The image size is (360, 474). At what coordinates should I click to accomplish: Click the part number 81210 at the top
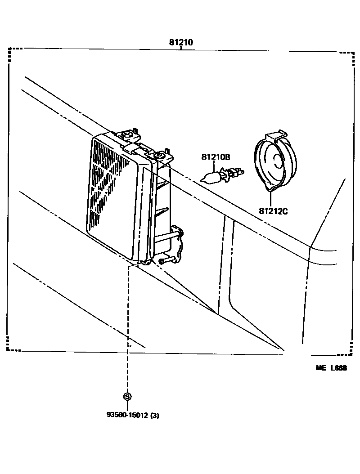[x=181, y=43]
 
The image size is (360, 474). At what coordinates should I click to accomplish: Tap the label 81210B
[x=216, y=157]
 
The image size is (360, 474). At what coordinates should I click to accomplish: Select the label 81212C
[x=273, y=210]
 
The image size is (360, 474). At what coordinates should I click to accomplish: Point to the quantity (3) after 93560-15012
[x=154, y=415]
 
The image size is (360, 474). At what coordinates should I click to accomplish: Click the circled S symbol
[x=127, y=396]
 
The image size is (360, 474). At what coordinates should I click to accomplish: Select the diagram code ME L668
[x=331, y=368]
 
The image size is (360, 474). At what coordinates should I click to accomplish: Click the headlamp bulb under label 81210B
[x=211, y=176]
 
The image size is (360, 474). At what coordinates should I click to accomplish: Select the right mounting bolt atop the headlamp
[x=160, y=155]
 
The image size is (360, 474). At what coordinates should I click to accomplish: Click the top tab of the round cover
[x=276, y=135]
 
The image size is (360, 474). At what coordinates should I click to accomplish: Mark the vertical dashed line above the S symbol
[x=127, y=328]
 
